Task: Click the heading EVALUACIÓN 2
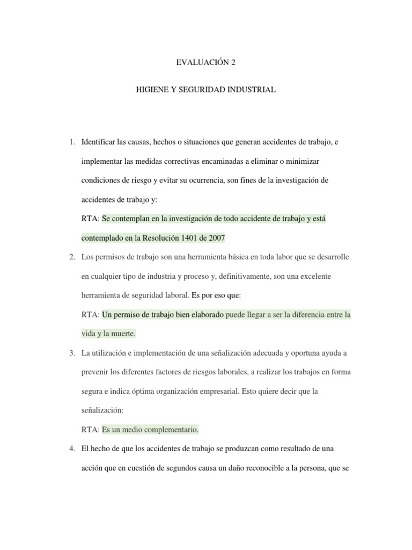pyautogui.click(x=206, y=62)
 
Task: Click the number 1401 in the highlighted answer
pyautogui.click(x=190, y=238)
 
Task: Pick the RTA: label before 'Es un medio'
pyautogui.click(x=90, y=429)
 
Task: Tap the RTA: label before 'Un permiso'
pyautogui.click(x=90, y=315)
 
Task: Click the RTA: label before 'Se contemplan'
pyautogui.click(x=90, y=219)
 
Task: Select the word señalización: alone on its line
pyautogui.click(x=102, y=410)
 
